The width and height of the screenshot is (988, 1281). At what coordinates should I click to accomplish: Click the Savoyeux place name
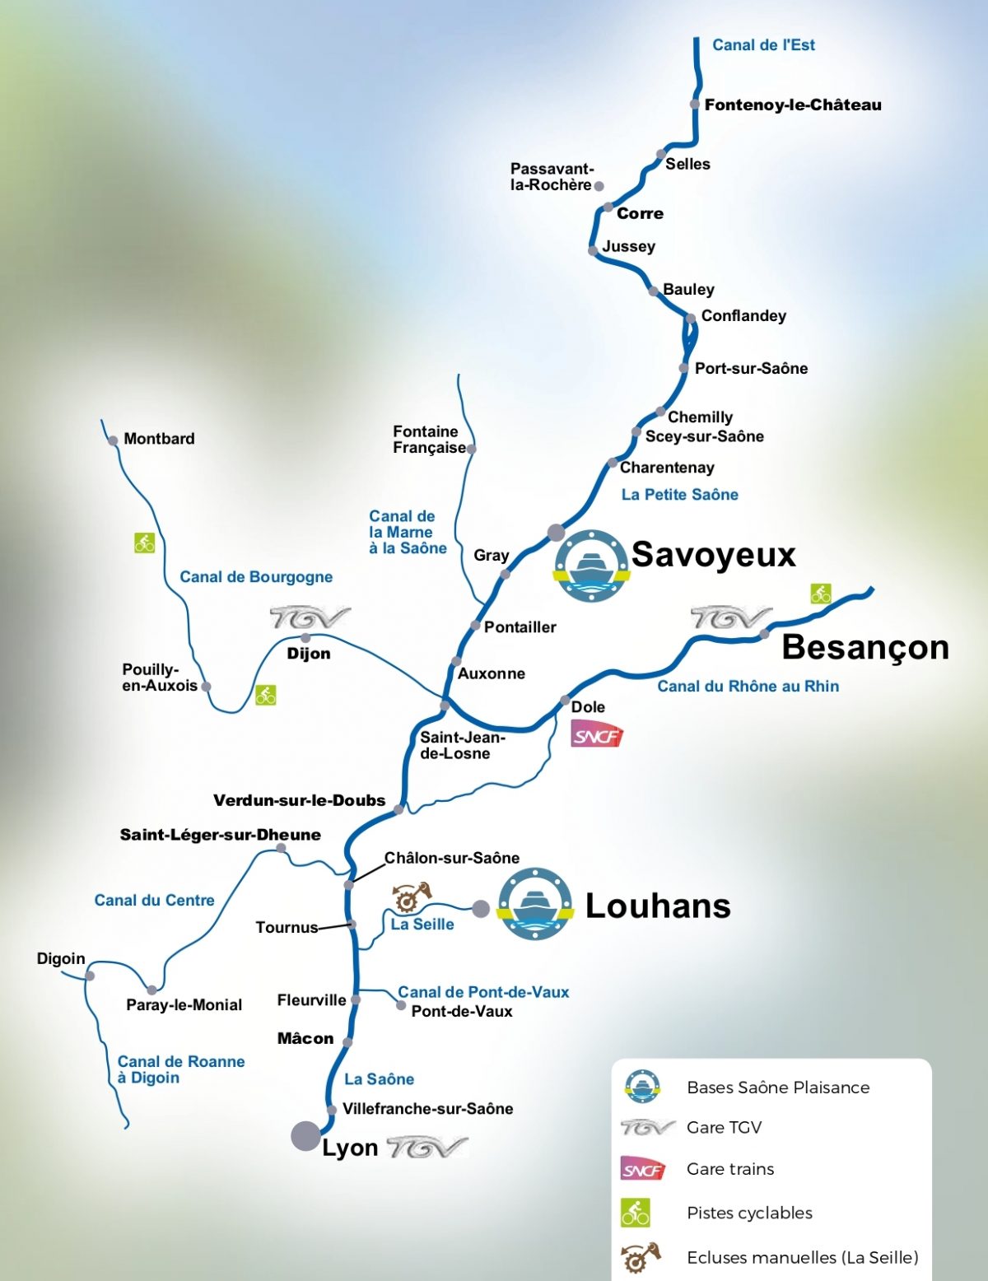pyautogui.click(x=713, y=555)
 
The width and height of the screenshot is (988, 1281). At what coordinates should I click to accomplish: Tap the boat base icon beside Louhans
pyautogui.click(x=535, y=904)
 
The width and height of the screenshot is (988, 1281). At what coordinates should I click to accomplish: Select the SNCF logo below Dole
pyautogui.click(x=597, y=734)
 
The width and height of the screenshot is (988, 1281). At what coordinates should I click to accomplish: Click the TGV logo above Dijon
pyautogui.click(x=310, y=617)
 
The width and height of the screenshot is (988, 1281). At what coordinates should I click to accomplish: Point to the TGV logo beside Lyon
pyautogui.click(x=426, y=1147)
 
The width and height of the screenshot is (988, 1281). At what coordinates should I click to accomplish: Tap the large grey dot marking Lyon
pyautogui.click(x=305, y=1135)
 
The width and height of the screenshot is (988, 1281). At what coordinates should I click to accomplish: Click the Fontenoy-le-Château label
pyautogui.click(x=792, y=105)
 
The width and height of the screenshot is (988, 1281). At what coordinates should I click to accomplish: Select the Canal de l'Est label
pyautogui.click(x=763, y=45)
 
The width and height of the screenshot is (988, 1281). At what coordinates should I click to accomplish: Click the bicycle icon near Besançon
pyautogui.click(x=820, y=593)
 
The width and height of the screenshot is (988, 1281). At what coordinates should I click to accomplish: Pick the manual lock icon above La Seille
pyautogui.click(x=411, y=897)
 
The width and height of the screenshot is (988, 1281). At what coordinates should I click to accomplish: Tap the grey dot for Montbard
pyautogui.click(x=113, y=440)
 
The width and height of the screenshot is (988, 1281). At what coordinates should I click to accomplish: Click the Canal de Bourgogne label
pyautogui.click(x=256, y=577)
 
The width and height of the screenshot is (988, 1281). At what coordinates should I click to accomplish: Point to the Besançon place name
pyautogui.click(x=864, y=647)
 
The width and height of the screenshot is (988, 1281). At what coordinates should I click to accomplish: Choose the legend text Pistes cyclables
pyautogui.click(x=749, y=1213)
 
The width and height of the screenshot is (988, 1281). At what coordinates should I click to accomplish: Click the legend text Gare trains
pyautogui.click(x=730, y=1169)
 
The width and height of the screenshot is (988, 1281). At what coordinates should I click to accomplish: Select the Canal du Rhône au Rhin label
pyautogui.click(x=748, y=687)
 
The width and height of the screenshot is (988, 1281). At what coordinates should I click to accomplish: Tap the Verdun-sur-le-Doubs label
pyautogui.click(x=299, y=800)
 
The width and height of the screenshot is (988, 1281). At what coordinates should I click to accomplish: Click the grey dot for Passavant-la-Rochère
pyautogui.click(x=599, y=186)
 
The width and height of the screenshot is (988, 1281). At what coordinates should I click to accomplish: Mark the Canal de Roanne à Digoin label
pyautogui.click(x=181, y=1069)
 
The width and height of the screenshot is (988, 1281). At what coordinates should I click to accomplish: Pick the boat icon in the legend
pyautogui.click(x=642, y=1087)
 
